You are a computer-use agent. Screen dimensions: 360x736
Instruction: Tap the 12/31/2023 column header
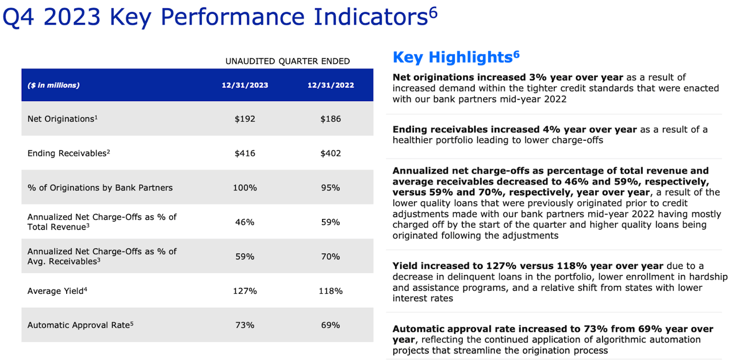coord(245,85)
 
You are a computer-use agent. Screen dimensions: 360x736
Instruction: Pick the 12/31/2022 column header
coord(331,85)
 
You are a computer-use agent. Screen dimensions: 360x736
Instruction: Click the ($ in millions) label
coord(53,85)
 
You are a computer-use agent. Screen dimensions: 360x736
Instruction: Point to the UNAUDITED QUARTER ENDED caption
coord(287,61)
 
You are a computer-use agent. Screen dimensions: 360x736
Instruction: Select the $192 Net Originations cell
coord(245,119)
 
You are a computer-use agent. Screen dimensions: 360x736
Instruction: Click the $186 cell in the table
coord(331,119)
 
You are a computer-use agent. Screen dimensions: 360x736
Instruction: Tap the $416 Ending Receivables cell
coord(245,154)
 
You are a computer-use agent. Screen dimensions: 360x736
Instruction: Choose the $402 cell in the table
coord(331,154)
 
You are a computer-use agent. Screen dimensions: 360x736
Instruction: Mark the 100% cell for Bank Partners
coord(245,187)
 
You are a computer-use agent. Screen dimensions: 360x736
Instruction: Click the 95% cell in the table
coord(331,187)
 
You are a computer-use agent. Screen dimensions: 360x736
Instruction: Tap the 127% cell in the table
coord(245,291)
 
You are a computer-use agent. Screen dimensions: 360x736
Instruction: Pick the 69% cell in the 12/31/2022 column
coord(331,325)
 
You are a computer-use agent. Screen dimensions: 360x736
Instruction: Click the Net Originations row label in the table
coord(62,119)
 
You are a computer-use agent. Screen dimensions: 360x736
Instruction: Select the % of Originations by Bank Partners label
coord(100,187)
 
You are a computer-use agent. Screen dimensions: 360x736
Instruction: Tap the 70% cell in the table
coord(331,256)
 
